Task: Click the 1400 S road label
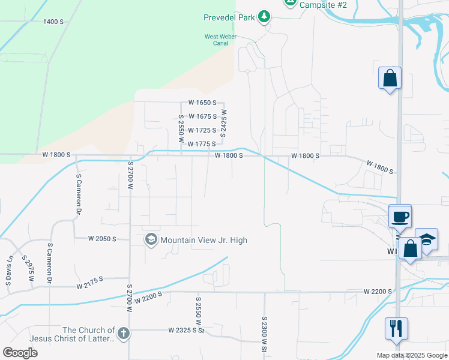point(53,22)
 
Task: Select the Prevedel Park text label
point(230,17)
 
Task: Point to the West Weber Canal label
point(220,40)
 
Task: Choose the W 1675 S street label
point(202,116)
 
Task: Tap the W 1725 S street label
point(202,130)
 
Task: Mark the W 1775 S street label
point(201,144)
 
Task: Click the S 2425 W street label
point(223,123)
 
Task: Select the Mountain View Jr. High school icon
point(151,240)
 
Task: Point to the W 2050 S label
point(101,238)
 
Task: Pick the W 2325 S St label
point(187,330)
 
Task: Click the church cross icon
point(123,334)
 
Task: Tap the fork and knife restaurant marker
point(396,328)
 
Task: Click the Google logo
point(20,353)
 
